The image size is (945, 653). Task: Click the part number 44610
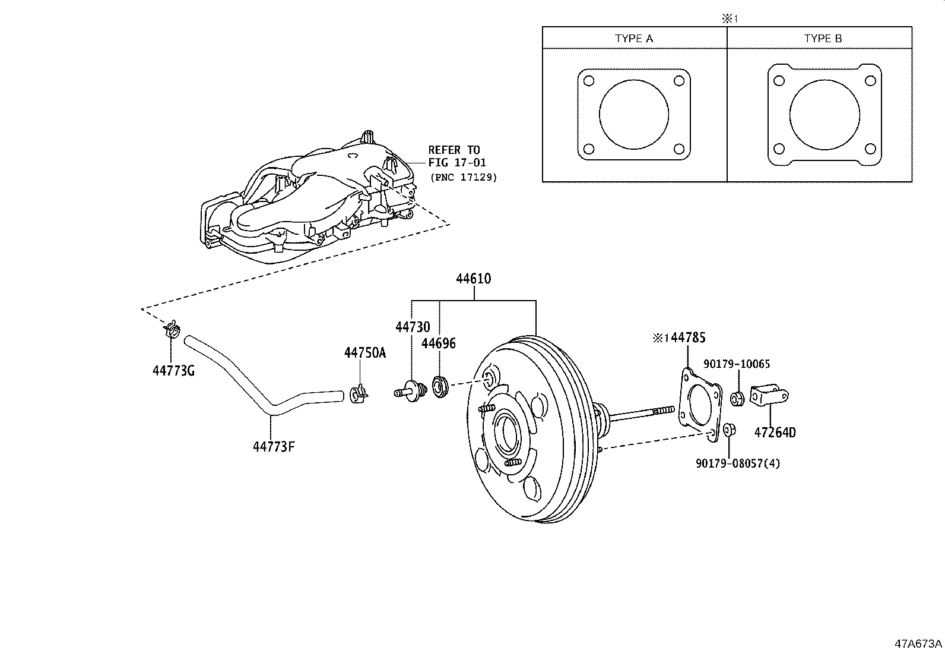pos(473,279)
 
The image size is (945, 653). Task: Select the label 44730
pos(413,327)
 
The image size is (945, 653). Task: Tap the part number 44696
pos(439,343)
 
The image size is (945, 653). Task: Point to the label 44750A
pos(365,353)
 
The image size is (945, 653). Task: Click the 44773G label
pos(173,371)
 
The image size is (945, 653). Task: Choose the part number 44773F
pos(274,446)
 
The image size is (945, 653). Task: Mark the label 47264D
pos(775,433)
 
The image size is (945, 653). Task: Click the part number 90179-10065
pos(737,364)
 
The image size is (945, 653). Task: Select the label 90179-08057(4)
pos(738,463)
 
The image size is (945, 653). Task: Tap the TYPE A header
pos(634,39)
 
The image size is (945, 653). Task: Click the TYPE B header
pos(823,39)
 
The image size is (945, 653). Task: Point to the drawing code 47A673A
pos(918,643)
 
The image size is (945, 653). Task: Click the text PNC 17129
pos(464,177)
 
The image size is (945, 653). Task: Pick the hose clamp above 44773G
pos(171,329)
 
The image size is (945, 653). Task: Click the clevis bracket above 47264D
pos(769,395)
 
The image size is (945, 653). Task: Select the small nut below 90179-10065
pos(737,399)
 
